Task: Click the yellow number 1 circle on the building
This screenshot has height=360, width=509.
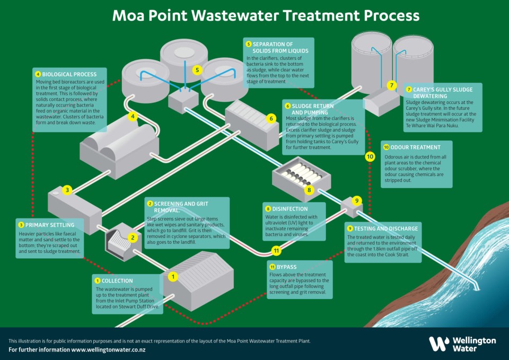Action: (x=173, y=276)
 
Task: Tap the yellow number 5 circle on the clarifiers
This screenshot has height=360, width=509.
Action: (x=197, y=69)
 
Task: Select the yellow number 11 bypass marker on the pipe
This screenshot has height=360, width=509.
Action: (x=276, y=250)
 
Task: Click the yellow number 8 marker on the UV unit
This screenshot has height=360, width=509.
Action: (x=310, y=189)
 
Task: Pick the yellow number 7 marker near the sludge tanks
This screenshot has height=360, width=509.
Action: (x=391, y=85)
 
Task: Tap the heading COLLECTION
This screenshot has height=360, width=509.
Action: (x=118, y=280)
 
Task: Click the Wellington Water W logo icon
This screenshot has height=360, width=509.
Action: (x=438, y=344)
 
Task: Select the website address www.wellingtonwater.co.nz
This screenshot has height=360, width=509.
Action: (x=109, y=350)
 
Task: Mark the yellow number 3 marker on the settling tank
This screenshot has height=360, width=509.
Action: (x=67, y=190)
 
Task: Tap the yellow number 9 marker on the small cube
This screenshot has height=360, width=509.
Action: (x=357, y=200)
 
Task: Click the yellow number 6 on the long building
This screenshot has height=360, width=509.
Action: (x=271, y=118)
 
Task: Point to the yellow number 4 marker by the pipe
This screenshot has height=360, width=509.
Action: (x=134, y=117)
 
